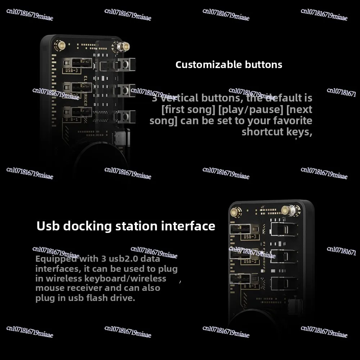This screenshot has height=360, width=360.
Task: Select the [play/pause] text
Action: click(x=252, y=109)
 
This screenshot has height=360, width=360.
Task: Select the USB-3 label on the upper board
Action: click(x=71, y=70)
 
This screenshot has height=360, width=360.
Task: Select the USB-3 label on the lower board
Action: click(x=250, y=237)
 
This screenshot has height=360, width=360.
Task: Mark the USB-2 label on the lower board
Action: click(x=250, y=261)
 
